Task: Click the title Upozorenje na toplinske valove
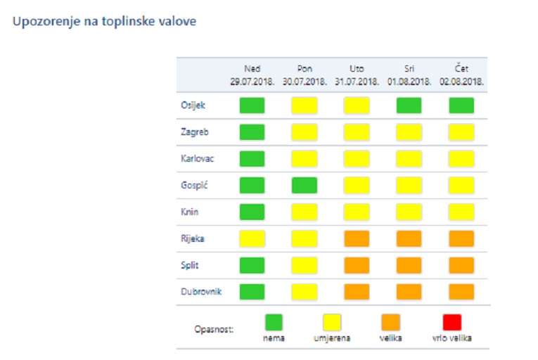click(104, 21)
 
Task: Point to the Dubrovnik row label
click(201, 291)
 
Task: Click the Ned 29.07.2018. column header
click(252, 75)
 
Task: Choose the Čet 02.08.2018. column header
click(461, 75)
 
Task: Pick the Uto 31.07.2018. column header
click(357, 75)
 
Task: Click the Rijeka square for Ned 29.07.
click(252, 238)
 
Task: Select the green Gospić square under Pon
click(304, 185)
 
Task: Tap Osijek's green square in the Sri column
click(409, 105)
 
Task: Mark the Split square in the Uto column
click(357, 265)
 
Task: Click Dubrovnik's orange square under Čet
click(461, 291)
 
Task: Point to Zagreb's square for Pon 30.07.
click(304, 131)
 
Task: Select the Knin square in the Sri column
click(409, 212)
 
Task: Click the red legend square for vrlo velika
click(452, 322)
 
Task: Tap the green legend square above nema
click(274, 322)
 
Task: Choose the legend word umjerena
click(332, 338)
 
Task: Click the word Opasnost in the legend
click(213, 329)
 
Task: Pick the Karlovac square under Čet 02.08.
click(461, 158)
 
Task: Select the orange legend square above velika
click(390, 322)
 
